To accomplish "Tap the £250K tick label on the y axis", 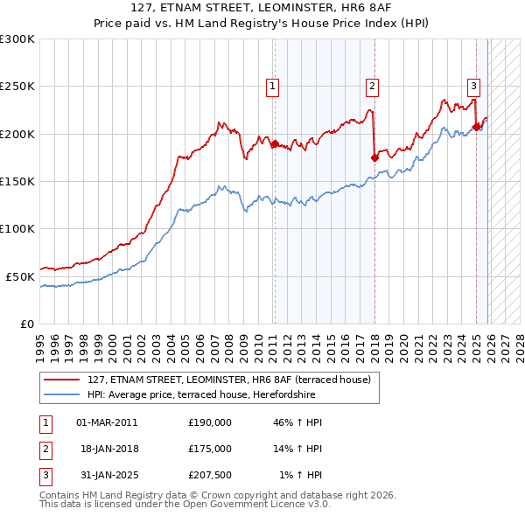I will pos(17,87).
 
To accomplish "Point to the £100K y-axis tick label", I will pos(17,228).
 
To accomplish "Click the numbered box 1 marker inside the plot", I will pos(273,86).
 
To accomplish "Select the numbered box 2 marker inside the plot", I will pos(372,86).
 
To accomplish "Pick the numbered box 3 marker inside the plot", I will pos(473,86).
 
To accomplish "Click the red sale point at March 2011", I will pos(275,143).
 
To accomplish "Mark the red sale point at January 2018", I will pos(374,158).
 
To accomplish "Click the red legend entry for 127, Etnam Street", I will pos(229,380).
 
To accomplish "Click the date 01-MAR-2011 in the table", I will pos(107,422).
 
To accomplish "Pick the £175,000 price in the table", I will pos(210,449).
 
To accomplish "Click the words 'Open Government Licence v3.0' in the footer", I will pos(253,505).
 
